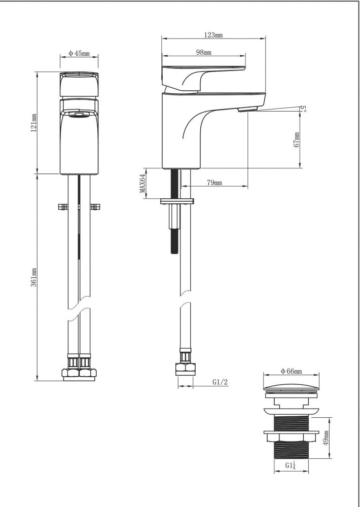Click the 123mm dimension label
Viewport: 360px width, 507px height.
pyautogui.click(x=213, y=35)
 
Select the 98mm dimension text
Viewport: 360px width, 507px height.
pyautogui.click(x=203, y=52)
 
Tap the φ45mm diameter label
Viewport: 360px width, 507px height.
pyautogui.click(x=79, y=54)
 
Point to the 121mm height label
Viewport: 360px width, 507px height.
pyautogui.click(x=34, y=123)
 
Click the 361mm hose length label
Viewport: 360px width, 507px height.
pyautogui.click(x=34, y=277)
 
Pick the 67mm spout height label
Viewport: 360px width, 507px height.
pyautogui.click(x=297, y=140)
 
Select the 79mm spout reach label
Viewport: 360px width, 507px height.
pyautogui.click(x=214, y=183)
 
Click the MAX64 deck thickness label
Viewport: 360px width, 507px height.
pyautogui.click(x=142, y=184)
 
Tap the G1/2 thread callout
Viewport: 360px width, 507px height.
pyautogui.click(x=220, y=382)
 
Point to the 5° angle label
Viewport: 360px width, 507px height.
pyautogui.click(x=303, y=107)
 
